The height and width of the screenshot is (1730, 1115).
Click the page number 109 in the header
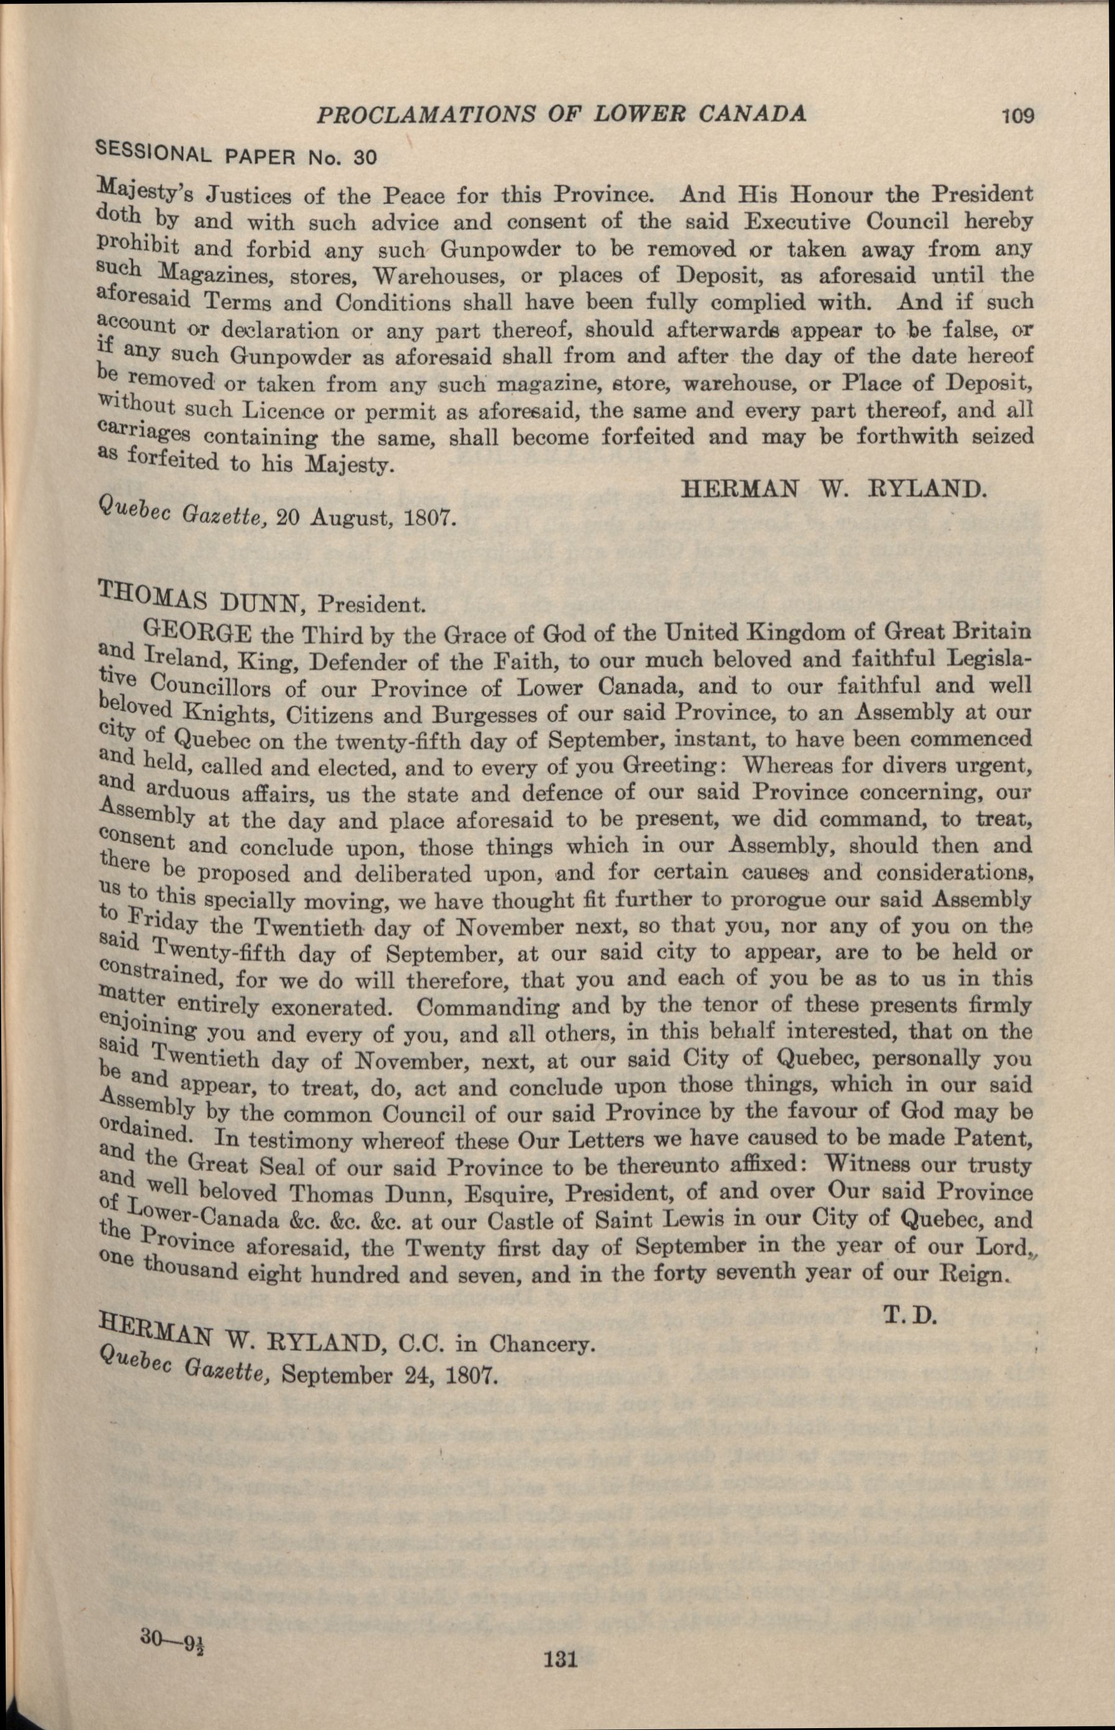click(1018, 115)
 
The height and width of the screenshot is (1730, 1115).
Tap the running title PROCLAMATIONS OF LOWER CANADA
click(562, 114)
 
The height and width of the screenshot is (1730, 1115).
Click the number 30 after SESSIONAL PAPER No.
click(365, 158)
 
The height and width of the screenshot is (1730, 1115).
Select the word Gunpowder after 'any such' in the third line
click(500, 250)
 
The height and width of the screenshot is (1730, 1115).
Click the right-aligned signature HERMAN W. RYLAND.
click(833, 489)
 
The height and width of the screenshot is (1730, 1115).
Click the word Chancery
click(541, 1344)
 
